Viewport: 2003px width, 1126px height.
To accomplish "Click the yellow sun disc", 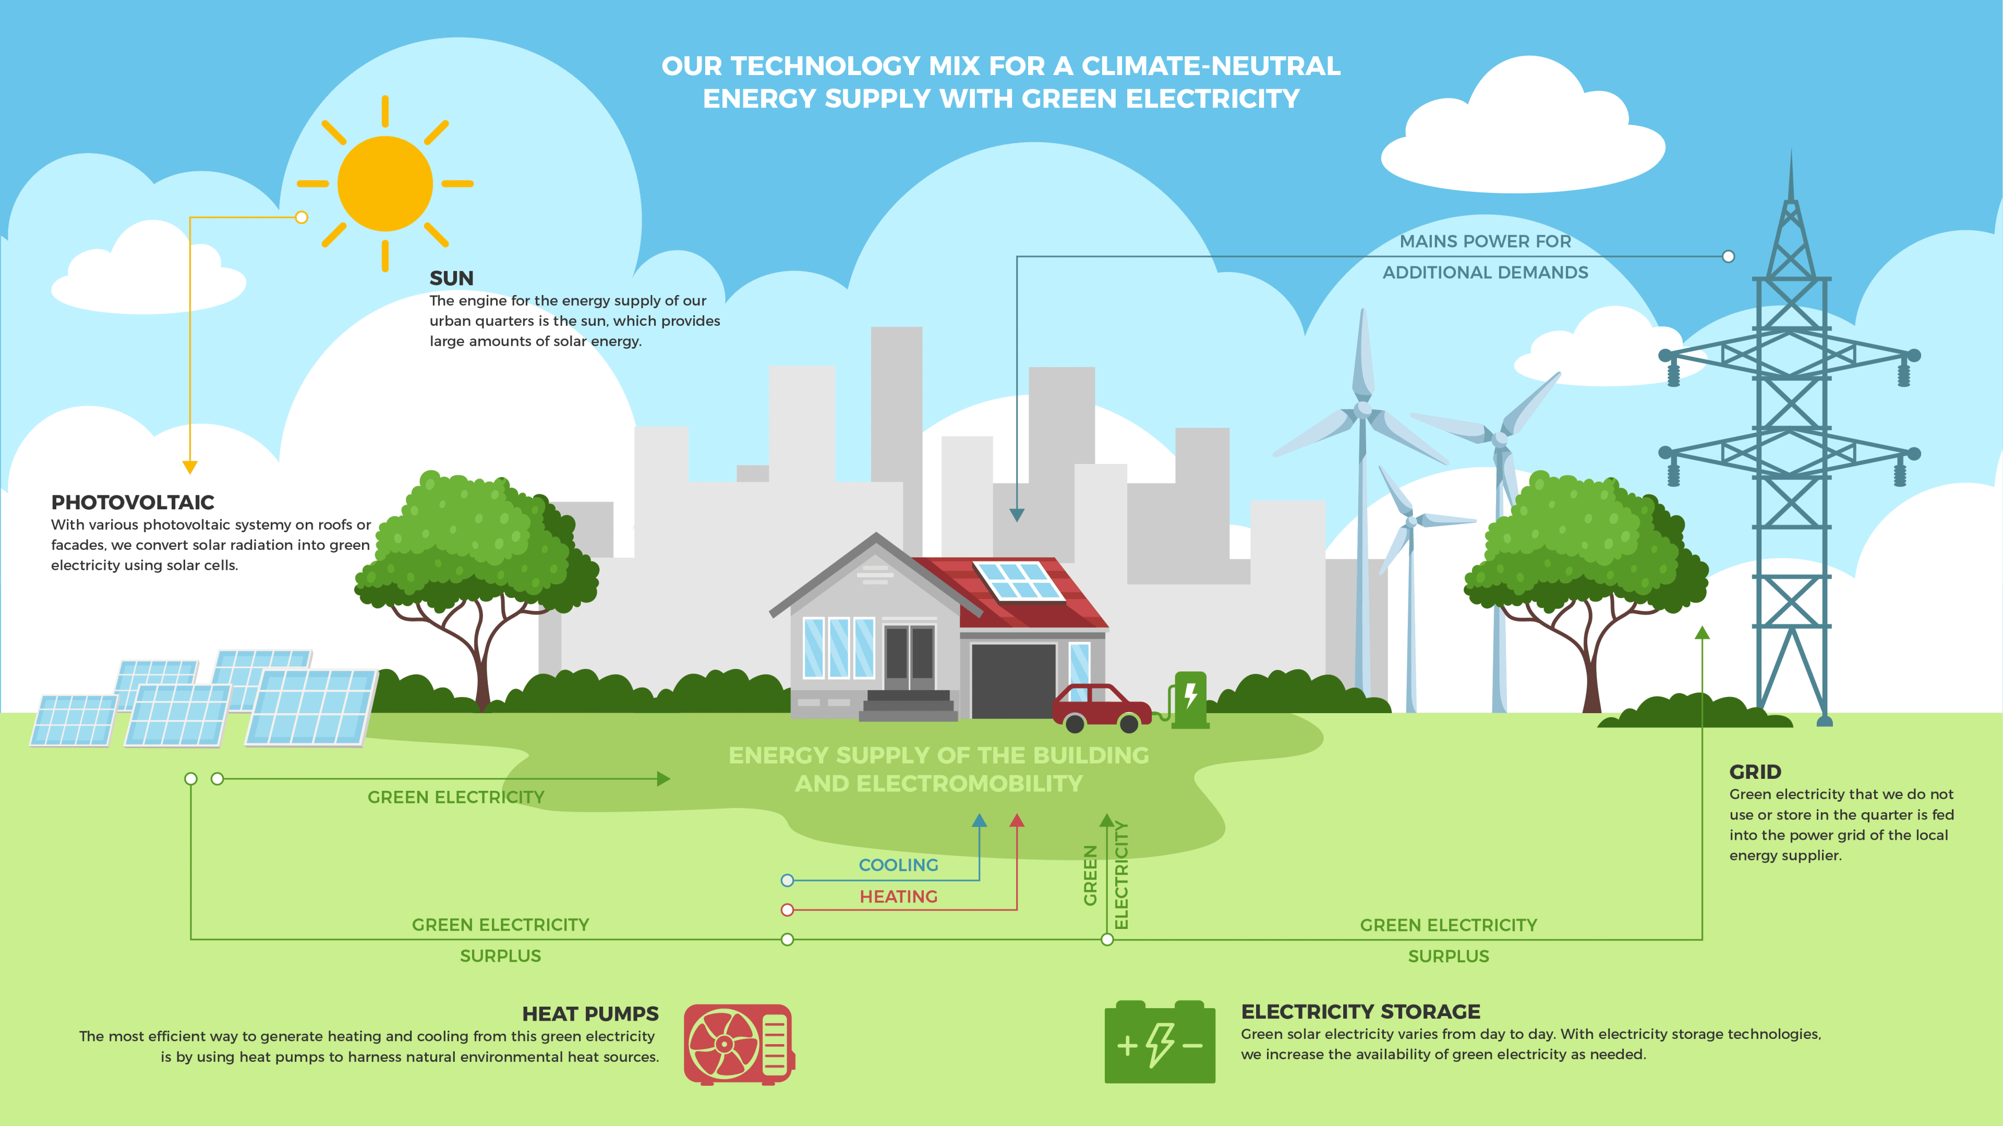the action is pos(385,183).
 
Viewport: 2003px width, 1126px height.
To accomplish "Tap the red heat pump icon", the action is pos(739,1044).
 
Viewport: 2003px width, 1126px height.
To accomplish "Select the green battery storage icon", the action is pos(1160,1042).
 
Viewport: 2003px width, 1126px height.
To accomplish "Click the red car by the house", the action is pos(1101,708).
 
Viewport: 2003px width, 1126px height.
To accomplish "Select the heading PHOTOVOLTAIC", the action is pos(133,502).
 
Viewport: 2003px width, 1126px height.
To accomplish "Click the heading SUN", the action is pos(451,278).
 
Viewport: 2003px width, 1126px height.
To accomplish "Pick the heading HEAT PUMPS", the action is pos(590,1014).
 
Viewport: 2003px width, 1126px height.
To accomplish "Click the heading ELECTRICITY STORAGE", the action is pos(1361,1012).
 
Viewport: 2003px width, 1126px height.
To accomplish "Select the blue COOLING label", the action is pos(898,865).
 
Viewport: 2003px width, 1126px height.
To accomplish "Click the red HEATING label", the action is pos(898,897).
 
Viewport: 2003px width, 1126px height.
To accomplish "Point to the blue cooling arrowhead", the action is pos(980,821).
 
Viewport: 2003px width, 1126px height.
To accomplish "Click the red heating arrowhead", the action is pos(1017,821).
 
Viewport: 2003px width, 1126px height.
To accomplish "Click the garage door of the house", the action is pos(1013,681).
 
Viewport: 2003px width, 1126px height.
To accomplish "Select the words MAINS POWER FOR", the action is pos(1485,242).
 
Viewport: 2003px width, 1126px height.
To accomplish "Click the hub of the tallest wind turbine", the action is pos(1363,410).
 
